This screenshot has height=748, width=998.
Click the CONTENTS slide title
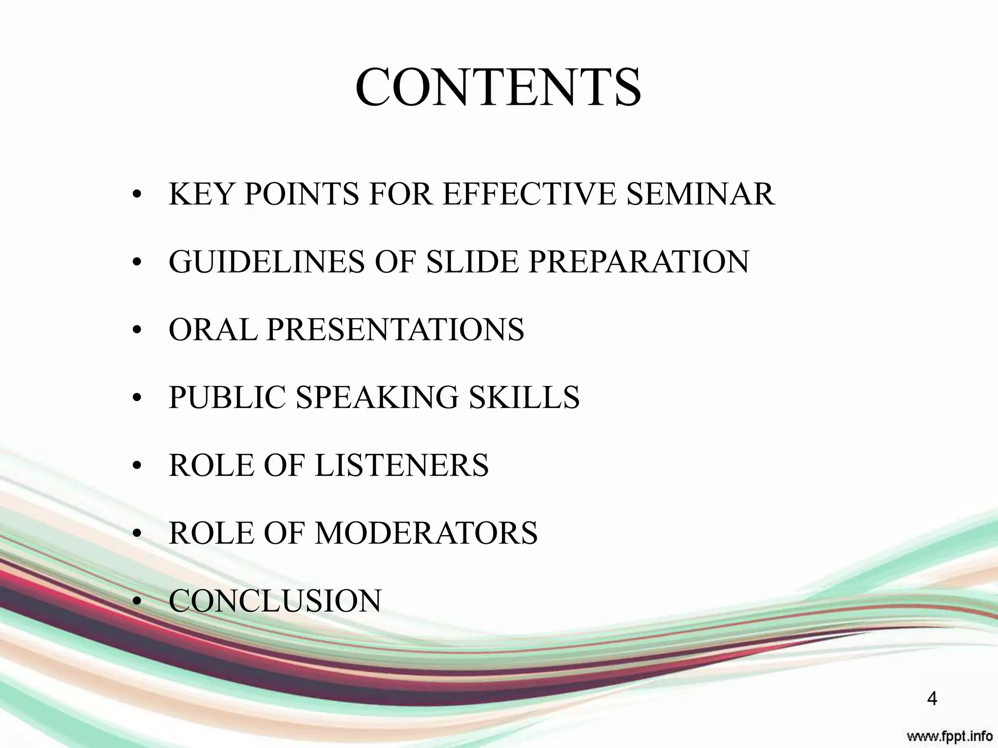coord(498,88)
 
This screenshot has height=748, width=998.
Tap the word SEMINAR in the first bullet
coord(700,194)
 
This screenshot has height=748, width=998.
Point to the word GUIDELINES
coord(266,262)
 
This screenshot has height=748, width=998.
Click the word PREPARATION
coord(638,262)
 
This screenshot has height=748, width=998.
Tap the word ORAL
coord(212,329)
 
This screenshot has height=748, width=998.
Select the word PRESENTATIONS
coord(395,329)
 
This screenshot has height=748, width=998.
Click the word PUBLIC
coord(227,397)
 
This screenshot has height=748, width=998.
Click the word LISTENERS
coord(402,465)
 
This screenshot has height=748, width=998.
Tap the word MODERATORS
coord(426,532)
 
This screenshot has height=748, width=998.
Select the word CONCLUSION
coord(275,600)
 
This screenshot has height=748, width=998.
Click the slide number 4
coord(932,699)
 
